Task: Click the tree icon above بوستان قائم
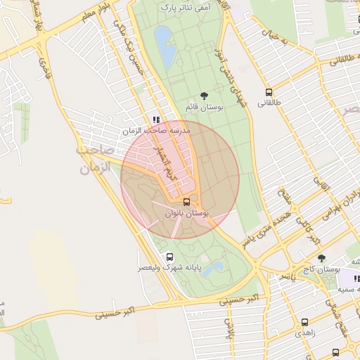pyautogui.click(x=204, y=95)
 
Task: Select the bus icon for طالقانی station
pyautogui.click(x=269, y=92)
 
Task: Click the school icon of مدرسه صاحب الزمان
pyautogui.click(x=156, y=120)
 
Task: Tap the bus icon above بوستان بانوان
pyautogui.click(x=186, y=202)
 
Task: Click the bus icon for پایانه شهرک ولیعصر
pyautogui.click(x=169, y=257)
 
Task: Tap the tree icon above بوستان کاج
pyautogui.click(x=321, y=258)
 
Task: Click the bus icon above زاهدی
pyautogui.click(x=304, y=322)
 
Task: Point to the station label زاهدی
pyautogui.click(x=304, y=333)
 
